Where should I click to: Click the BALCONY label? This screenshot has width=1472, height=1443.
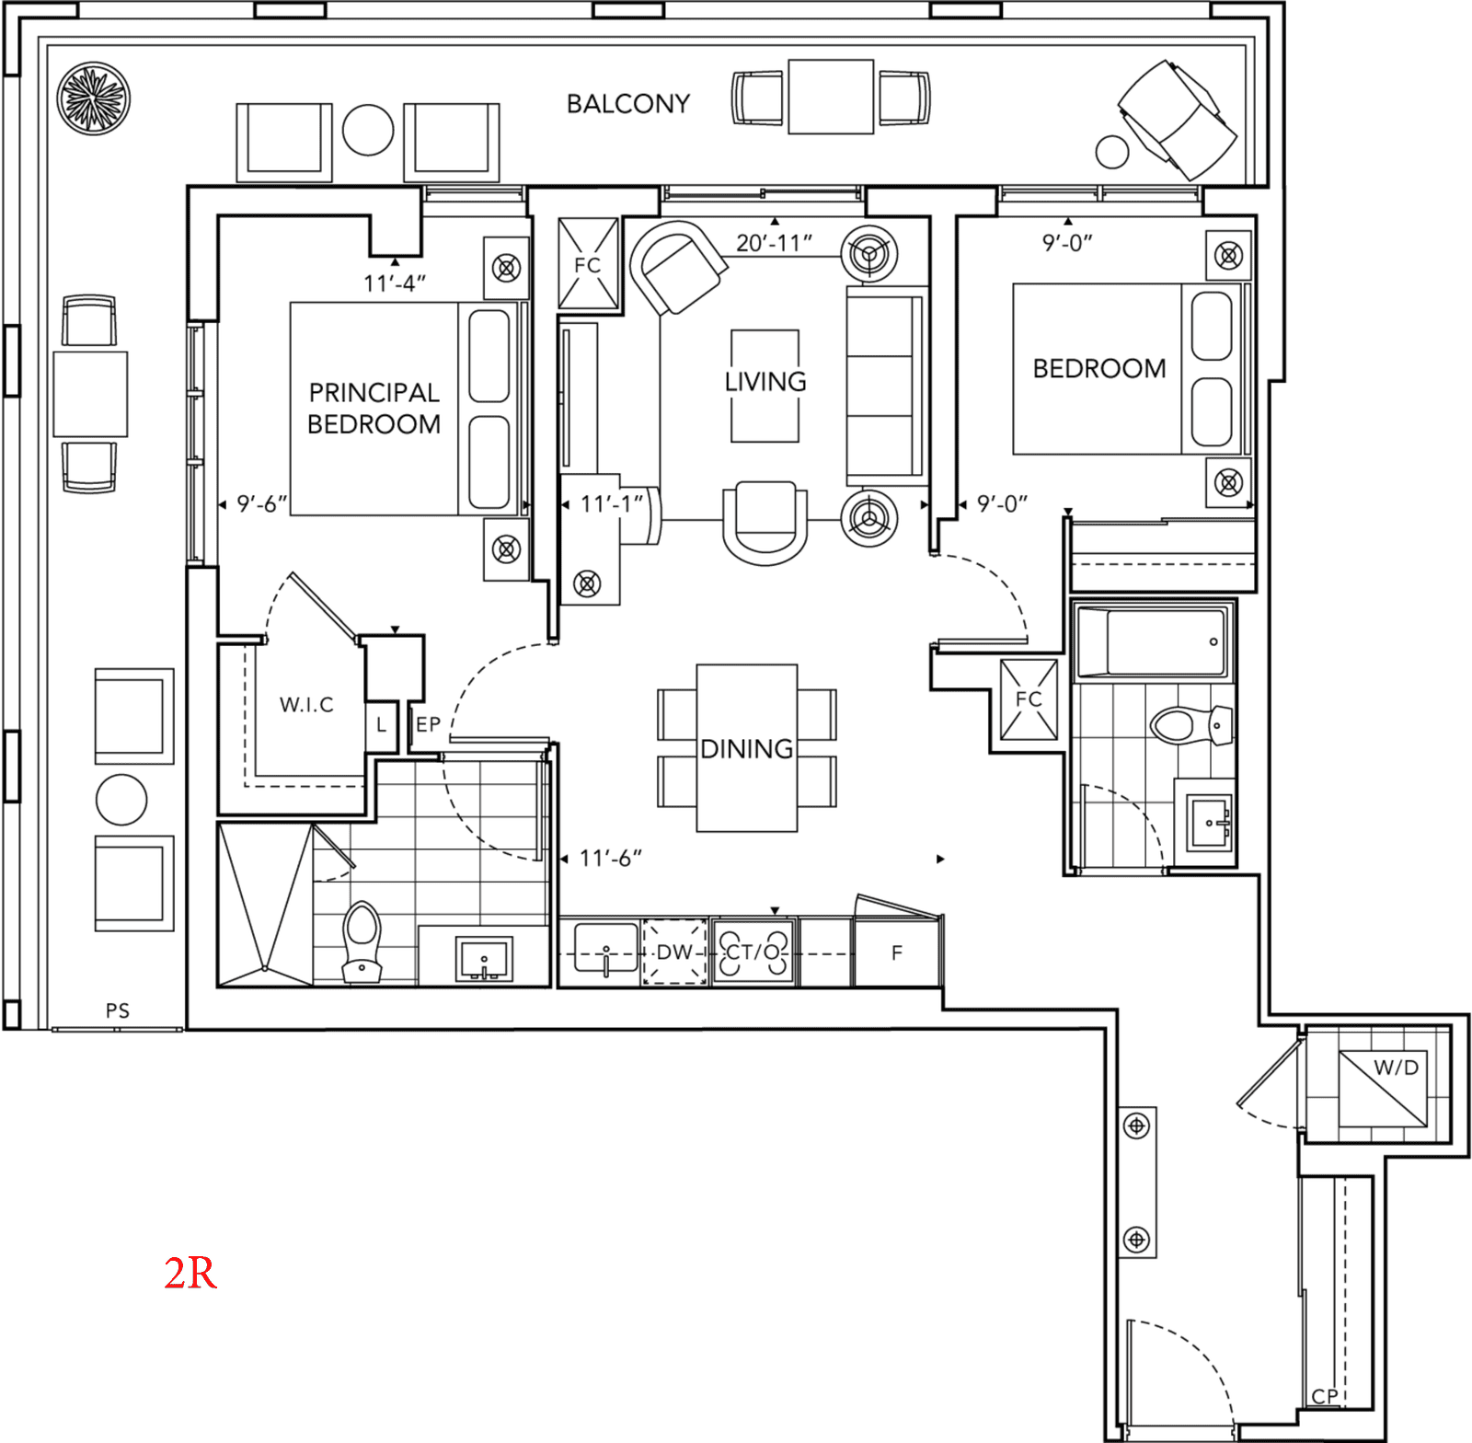[x=628, y=104]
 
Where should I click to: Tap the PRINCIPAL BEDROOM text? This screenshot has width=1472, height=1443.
[x=374, y=409]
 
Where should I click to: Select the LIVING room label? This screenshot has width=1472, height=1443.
[x=765, y=381]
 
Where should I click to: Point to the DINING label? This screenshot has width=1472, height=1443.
[x=747, y=749]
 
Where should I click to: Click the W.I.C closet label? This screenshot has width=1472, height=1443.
[x=306, y=705]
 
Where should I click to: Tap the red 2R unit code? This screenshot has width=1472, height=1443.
[x=190, y=1273]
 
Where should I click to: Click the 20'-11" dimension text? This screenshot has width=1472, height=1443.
[x=774, y=243]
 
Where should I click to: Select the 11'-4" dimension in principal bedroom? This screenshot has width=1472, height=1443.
[x=395, y=283]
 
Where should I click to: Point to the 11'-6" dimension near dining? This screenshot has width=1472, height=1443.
[x=610, y=859]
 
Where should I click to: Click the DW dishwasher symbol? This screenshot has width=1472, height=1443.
[x=674, y=952]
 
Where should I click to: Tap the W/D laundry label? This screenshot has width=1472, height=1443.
[x=1396, y=1068]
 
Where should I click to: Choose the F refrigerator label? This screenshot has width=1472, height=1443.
[x=897, y=952]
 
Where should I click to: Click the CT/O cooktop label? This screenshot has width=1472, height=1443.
[x=753, y=952]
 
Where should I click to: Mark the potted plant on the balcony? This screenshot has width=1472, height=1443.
[x=93, y=98]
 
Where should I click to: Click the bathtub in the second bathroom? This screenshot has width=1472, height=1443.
[x=1152, y=642]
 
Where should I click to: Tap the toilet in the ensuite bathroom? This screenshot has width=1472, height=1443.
[x=361, y=941]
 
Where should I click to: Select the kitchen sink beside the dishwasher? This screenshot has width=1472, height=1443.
[x=605, y=949]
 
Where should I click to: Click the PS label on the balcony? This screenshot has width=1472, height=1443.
[x=118, y=1010]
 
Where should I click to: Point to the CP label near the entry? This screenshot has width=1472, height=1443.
[x=1325, y=1396]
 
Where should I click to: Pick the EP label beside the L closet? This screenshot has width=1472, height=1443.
[x=428, y=724]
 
